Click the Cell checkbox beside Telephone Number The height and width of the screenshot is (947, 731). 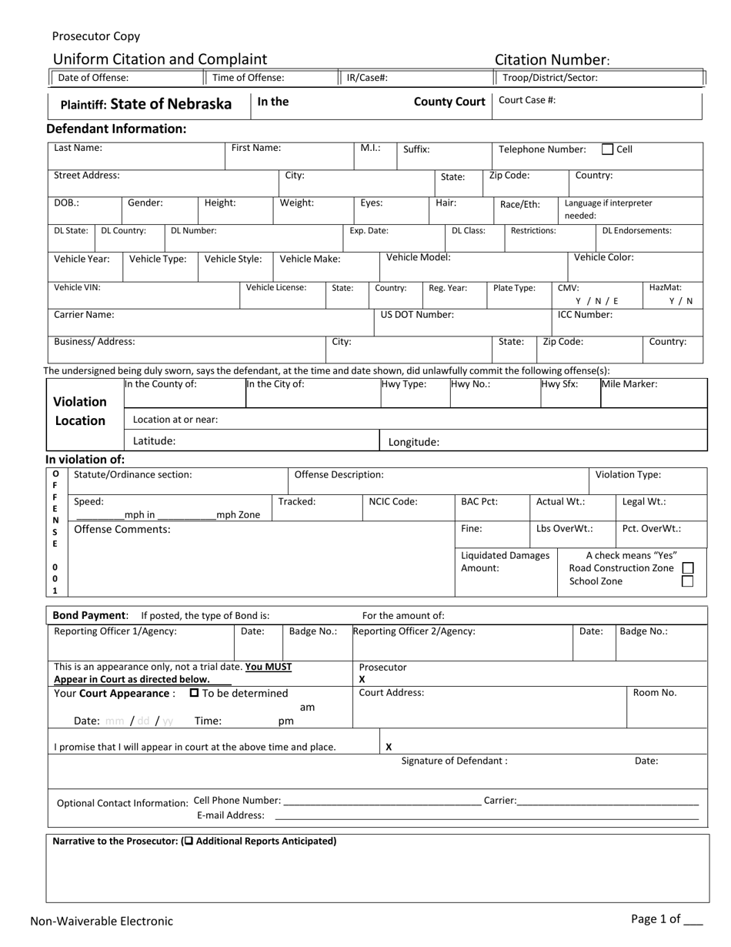click(607, 149)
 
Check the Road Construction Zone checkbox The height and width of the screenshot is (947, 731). click(688, 568)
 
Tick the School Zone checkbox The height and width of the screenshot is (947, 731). click(688, 581)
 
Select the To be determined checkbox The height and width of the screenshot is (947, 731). click(195, 693)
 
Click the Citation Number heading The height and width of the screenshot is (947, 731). click(552, 60)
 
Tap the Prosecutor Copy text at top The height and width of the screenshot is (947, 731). click(96, 36)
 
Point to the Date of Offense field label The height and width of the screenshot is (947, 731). click(94, 78)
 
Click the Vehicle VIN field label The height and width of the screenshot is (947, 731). click(77, 287)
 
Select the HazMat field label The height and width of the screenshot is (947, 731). click(665, 287)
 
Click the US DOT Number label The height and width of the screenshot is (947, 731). click(417, 314)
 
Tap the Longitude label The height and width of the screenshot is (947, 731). click(413, 442)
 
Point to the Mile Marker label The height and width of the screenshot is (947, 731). click(629, 383)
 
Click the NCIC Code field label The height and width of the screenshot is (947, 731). click(393, 501)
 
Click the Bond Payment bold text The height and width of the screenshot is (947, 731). click(88, 615)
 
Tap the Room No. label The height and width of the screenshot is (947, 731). click(654, 692)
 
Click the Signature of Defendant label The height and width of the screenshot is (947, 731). click(454, 761)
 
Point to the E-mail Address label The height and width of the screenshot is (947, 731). click(230, 815)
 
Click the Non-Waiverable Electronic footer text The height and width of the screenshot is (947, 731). click(102, 921)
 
